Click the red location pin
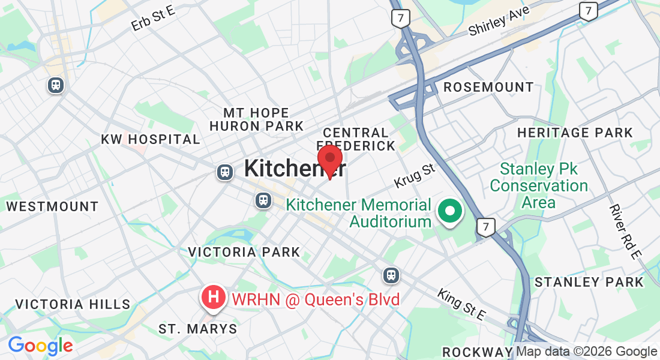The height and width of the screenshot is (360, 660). coord(329,159)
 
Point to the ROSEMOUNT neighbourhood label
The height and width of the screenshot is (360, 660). coord(488,88)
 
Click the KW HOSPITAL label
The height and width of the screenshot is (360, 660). coord(150,139)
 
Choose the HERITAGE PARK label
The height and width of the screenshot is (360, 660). coord(575,133)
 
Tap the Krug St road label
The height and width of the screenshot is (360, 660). coord(414,175)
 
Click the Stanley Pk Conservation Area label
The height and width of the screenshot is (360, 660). coord(538,185)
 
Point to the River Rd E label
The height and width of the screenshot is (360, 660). coord(625,232)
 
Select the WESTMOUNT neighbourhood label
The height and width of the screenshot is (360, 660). coord(52,206)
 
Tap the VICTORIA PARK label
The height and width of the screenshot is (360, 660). coord(244,252)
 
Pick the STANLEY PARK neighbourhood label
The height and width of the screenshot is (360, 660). coord(589,282)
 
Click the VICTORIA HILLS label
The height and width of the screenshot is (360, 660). coord(73,304)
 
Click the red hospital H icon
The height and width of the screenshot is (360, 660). coord(212,296)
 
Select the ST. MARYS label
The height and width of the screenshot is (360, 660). coord(197,329)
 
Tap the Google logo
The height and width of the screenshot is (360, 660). coord(40,346)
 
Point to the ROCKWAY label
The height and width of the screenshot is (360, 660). coord(477,352)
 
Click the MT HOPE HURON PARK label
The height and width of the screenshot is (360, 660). coord(257,119)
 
